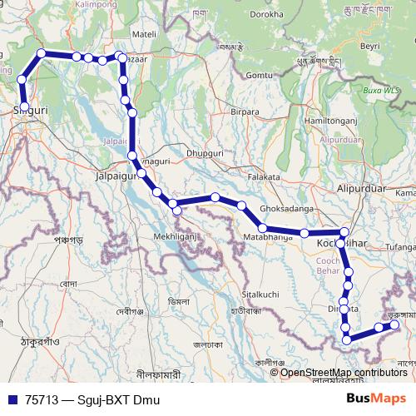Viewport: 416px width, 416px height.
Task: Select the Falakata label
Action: coord(265,177)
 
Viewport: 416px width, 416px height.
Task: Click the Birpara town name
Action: coord(245,110)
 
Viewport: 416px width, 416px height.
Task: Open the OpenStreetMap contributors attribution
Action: coord(344,372)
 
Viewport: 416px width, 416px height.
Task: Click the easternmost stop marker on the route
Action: coord(395,325)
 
